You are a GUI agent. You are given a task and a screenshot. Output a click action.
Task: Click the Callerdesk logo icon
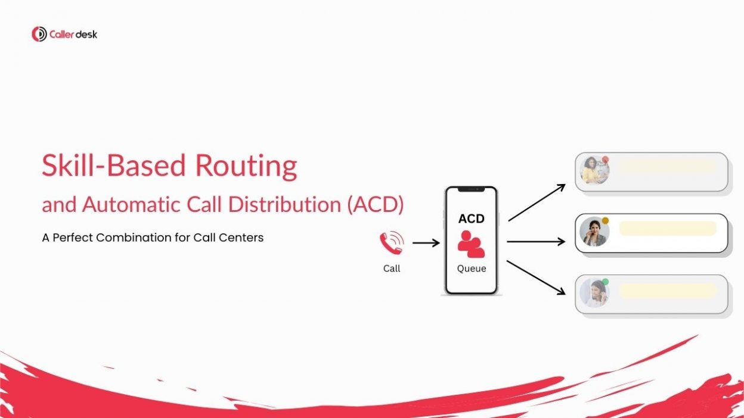coord(39,34)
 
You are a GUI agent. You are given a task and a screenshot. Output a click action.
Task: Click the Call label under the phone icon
coord(392,269)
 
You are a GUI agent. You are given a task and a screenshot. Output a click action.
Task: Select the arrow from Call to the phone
coord(426,243)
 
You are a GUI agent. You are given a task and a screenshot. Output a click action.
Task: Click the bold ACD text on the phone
coord(471,219)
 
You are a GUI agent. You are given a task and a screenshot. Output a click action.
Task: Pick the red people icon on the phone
coord(471,244)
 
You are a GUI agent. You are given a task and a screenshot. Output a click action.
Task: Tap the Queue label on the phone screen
coord(472,269)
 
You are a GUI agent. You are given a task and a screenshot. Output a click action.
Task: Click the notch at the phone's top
coord(471,190)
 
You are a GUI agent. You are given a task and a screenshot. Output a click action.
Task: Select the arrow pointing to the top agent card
coord(537,202)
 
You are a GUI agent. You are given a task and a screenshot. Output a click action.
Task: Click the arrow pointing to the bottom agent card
coord(536,277)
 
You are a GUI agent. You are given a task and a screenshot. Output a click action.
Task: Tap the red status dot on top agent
coord(605,160)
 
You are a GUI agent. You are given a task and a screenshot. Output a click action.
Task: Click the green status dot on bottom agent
coord(605,282)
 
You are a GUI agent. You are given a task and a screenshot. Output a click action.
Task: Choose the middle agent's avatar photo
coord(594,232)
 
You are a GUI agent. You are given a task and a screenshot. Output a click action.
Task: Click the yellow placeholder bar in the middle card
coord(668,228)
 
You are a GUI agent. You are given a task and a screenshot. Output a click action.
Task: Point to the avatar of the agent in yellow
coord(594,170)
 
